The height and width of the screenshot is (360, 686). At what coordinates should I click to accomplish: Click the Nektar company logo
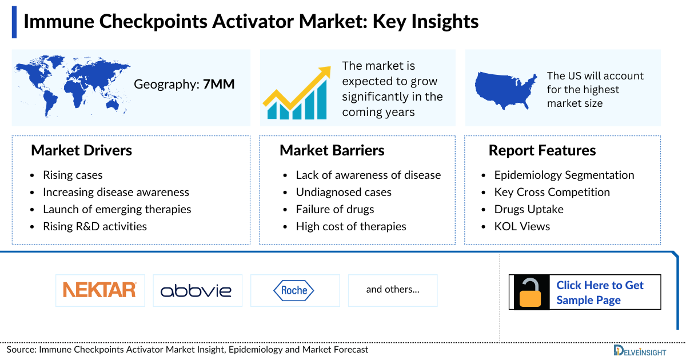(100, 290)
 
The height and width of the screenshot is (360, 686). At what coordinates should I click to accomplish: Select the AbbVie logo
(196, 290)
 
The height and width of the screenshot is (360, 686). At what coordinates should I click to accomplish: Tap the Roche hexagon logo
(294, 290)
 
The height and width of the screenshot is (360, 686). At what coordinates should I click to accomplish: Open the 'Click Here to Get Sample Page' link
(600, 293)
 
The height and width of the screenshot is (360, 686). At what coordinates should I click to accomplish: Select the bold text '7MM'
(219, 85)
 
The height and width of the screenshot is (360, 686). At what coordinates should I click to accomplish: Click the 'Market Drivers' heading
(81, 150)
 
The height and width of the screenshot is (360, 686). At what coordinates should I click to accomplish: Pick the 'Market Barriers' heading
(332, 150)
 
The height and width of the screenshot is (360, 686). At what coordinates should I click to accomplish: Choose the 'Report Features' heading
(542, 150)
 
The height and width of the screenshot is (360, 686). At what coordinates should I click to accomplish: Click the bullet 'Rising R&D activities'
(95, 226)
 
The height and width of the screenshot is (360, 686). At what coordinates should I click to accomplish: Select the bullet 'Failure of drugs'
(335, 209)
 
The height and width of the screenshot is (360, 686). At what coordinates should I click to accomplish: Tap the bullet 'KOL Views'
(522, 226)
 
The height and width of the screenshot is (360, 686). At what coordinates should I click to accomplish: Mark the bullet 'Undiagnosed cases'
(344, 192)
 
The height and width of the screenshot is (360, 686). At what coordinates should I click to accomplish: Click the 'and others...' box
(393, 290)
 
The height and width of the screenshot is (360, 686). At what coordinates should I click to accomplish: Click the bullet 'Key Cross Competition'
(552, 192)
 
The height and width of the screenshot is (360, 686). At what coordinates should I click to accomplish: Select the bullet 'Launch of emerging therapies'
(117, 209)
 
